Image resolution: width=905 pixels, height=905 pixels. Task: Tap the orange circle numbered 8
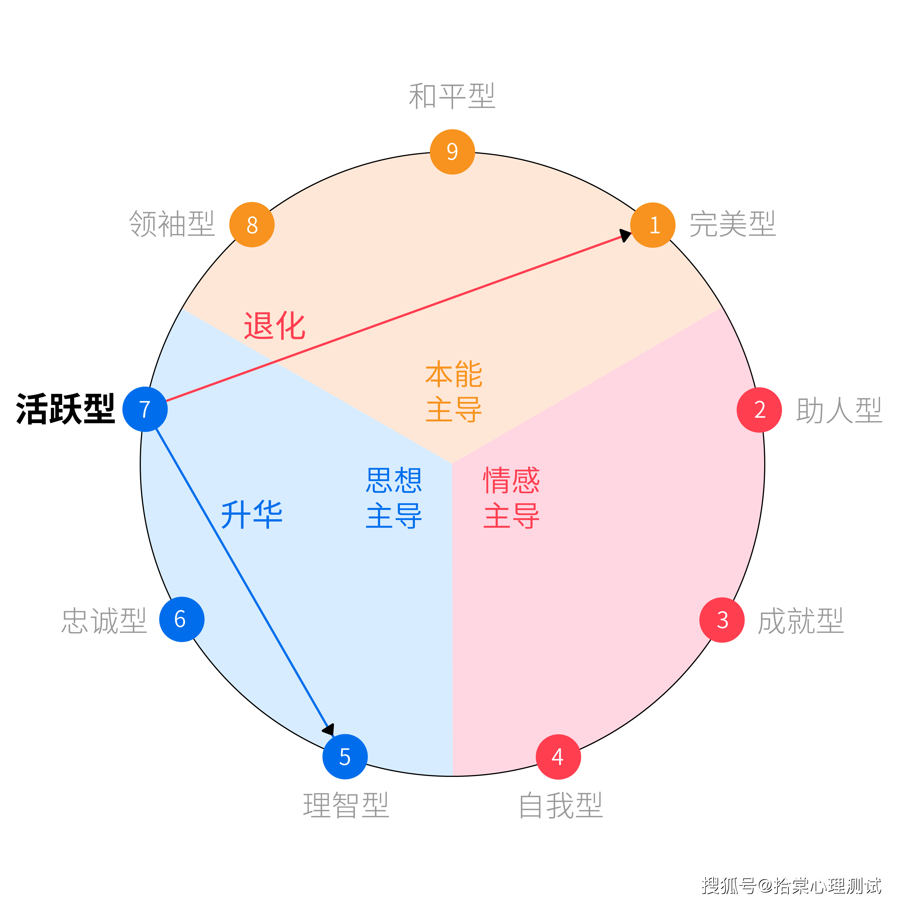pyautogui.click(x=252, y=225)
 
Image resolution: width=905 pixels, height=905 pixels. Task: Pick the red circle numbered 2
pyautogui.click(x=759, y=410)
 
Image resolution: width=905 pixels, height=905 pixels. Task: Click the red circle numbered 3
pyautogui.click(x=722, y=620)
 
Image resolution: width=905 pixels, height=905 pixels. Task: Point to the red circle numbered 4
pyautogui.click(x=558, y=757)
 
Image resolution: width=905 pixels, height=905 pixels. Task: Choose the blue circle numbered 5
pyautogui.click(x=345, y=757)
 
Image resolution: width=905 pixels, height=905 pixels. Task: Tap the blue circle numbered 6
pyautogui.click(x=182, y=619)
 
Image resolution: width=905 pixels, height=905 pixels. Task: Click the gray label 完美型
pyautogui.click(x=732, y=224)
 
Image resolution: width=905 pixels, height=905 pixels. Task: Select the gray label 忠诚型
pyautogui.click(x=104, y=621)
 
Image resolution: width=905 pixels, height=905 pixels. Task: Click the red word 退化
pyautogui.click(x=275, y=326)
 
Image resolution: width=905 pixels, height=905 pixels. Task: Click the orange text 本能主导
pyautogui.click(x=453, y=392)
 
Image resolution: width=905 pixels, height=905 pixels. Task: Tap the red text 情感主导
pyautogui.click(x=512, y=497)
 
